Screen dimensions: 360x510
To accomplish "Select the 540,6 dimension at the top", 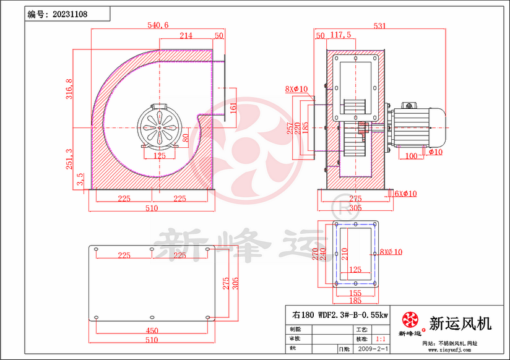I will point(158,25).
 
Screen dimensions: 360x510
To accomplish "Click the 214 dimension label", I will point(186,35).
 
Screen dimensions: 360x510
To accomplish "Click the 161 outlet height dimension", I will point(233,107).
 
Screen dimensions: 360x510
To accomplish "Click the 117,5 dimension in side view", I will point(341,35).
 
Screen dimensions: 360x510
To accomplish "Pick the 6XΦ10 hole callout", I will point(405,194).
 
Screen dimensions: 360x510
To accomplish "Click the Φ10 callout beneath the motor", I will point(434,152).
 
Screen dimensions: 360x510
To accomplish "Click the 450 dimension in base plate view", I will point(152,330).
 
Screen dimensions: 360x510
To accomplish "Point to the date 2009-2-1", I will point(373,349).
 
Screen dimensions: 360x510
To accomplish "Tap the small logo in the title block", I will point(410,320).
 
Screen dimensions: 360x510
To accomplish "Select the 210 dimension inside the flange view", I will point(345,254).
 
